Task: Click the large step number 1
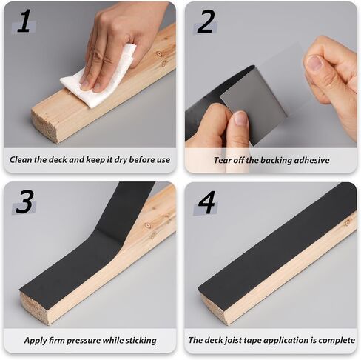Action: click(24, 21)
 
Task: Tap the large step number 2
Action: click(205, 21)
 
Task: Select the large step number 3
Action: click(24, 202)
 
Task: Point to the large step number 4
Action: click(206, 202)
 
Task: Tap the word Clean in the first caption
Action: click(21, 159)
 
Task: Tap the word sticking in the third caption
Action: click(141, 341)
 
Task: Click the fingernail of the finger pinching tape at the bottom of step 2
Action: click(240, 118)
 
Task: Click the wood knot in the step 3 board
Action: click(147, 226)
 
